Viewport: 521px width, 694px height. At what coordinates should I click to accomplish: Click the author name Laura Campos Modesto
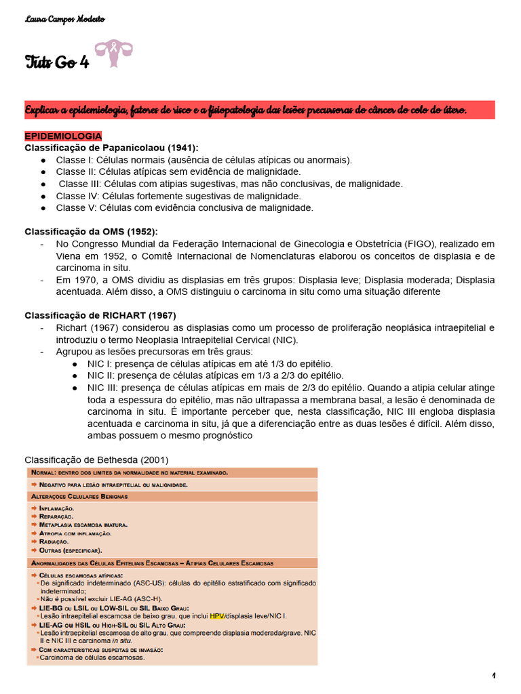pos(56,18)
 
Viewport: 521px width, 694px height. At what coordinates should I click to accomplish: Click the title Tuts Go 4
pos(56,63)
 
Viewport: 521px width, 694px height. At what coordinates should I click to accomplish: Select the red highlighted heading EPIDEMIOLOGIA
pos(63,136)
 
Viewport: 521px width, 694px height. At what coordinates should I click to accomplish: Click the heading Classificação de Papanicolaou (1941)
pos(112,148)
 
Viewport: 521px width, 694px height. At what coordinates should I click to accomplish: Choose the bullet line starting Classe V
pos(185,207)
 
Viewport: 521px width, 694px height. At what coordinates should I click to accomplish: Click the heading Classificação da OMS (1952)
pos(91,231)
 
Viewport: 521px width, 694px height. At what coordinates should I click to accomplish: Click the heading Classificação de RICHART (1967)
pos(100,315)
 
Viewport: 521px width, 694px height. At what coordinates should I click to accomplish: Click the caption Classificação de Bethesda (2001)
pos(96,460)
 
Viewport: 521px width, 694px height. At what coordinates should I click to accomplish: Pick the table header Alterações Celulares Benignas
pos(79,497)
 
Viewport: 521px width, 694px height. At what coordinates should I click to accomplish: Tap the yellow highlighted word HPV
pos(217,615)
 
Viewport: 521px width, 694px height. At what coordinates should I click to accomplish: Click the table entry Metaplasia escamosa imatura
pos(83,525)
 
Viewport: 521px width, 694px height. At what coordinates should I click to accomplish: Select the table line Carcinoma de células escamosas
pos(92,657)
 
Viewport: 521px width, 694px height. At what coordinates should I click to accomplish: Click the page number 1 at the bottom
pos(495,676)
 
